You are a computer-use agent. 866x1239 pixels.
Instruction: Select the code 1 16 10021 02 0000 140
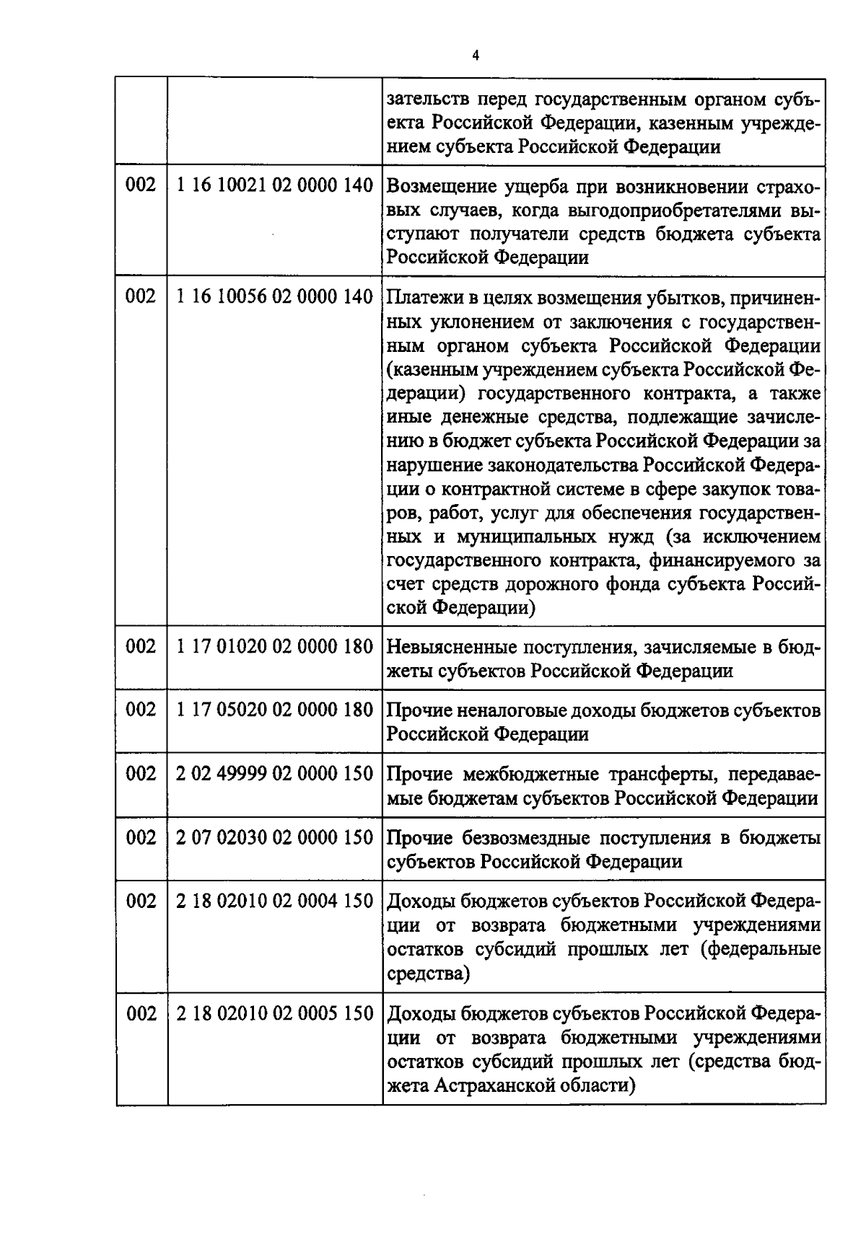275,185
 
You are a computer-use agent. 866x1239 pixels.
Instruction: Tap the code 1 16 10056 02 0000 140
275,296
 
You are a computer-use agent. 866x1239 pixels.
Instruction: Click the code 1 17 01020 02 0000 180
275,646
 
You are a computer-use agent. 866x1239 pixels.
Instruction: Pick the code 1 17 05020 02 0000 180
275,710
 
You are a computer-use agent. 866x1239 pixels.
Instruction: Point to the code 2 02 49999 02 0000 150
275,774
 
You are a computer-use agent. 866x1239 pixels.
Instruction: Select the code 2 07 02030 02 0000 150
275,837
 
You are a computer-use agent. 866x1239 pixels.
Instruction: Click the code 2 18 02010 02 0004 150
275,901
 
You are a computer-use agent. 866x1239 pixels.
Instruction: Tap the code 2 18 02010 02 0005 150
275,1013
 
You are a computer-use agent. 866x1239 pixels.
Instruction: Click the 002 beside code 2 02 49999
141,774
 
